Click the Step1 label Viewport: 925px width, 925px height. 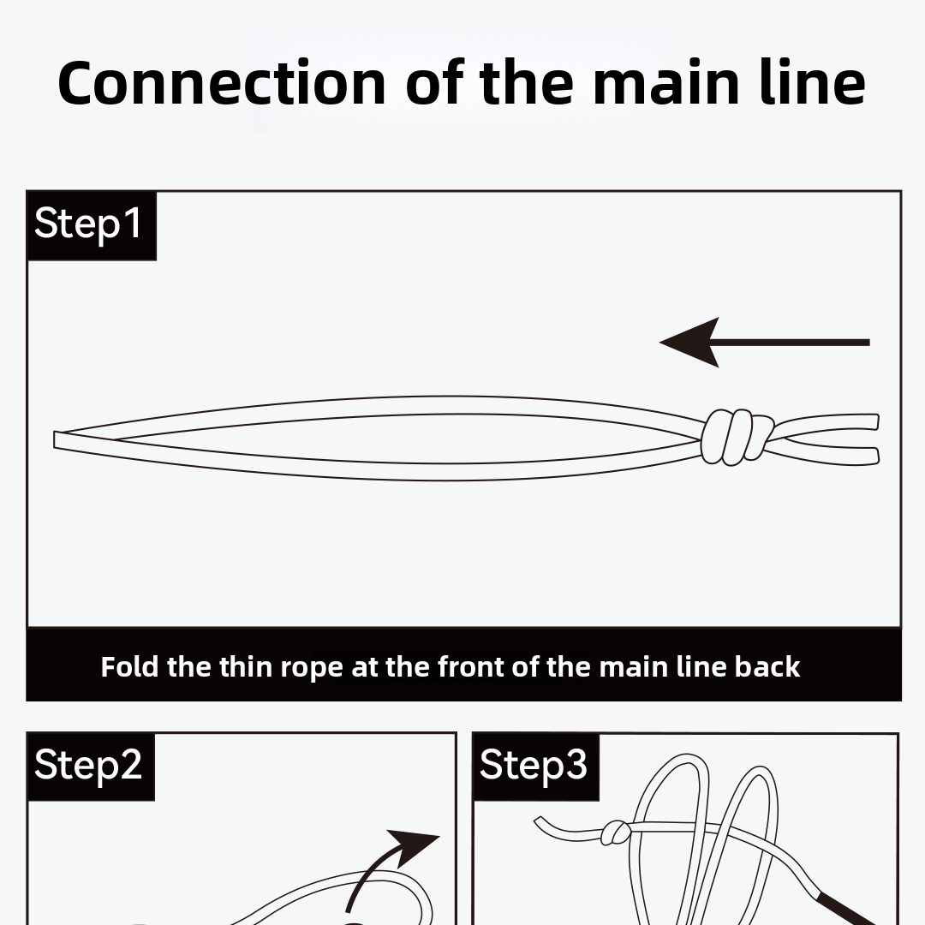88,224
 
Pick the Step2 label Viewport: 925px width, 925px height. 88,764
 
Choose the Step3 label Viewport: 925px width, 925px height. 533,764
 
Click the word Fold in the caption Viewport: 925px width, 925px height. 129,666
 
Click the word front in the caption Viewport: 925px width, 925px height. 471,666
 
